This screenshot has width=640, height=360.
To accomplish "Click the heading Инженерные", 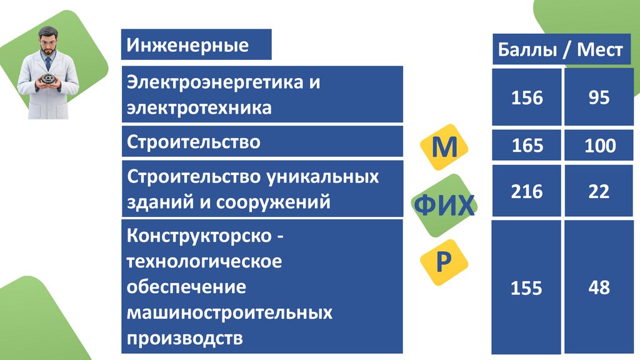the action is coord(188,46).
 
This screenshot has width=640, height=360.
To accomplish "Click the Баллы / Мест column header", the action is coord(561,50).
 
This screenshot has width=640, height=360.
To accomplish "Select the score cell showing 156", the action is coord(527,98).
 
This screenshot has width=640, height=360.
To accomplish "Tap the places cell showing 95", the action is coord(599,98).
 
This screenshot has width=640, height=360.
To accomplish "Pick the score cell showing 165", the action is coord(527,146).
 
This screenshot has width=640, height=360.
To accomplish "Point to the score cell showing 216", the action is coord(527,191).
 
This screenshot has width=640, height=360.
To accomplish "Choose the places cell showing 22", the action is coord(599,191).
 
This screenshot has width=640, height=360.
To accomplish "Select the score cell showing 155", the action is coord(527,289).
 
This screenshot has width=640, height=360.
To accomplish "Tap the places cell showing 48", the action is coord(599,289).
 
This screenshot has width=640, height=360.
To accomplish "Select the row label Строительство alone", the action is coord(193,142).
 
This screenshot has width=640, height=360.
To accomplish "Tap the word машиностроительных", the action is coord(229,312).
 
